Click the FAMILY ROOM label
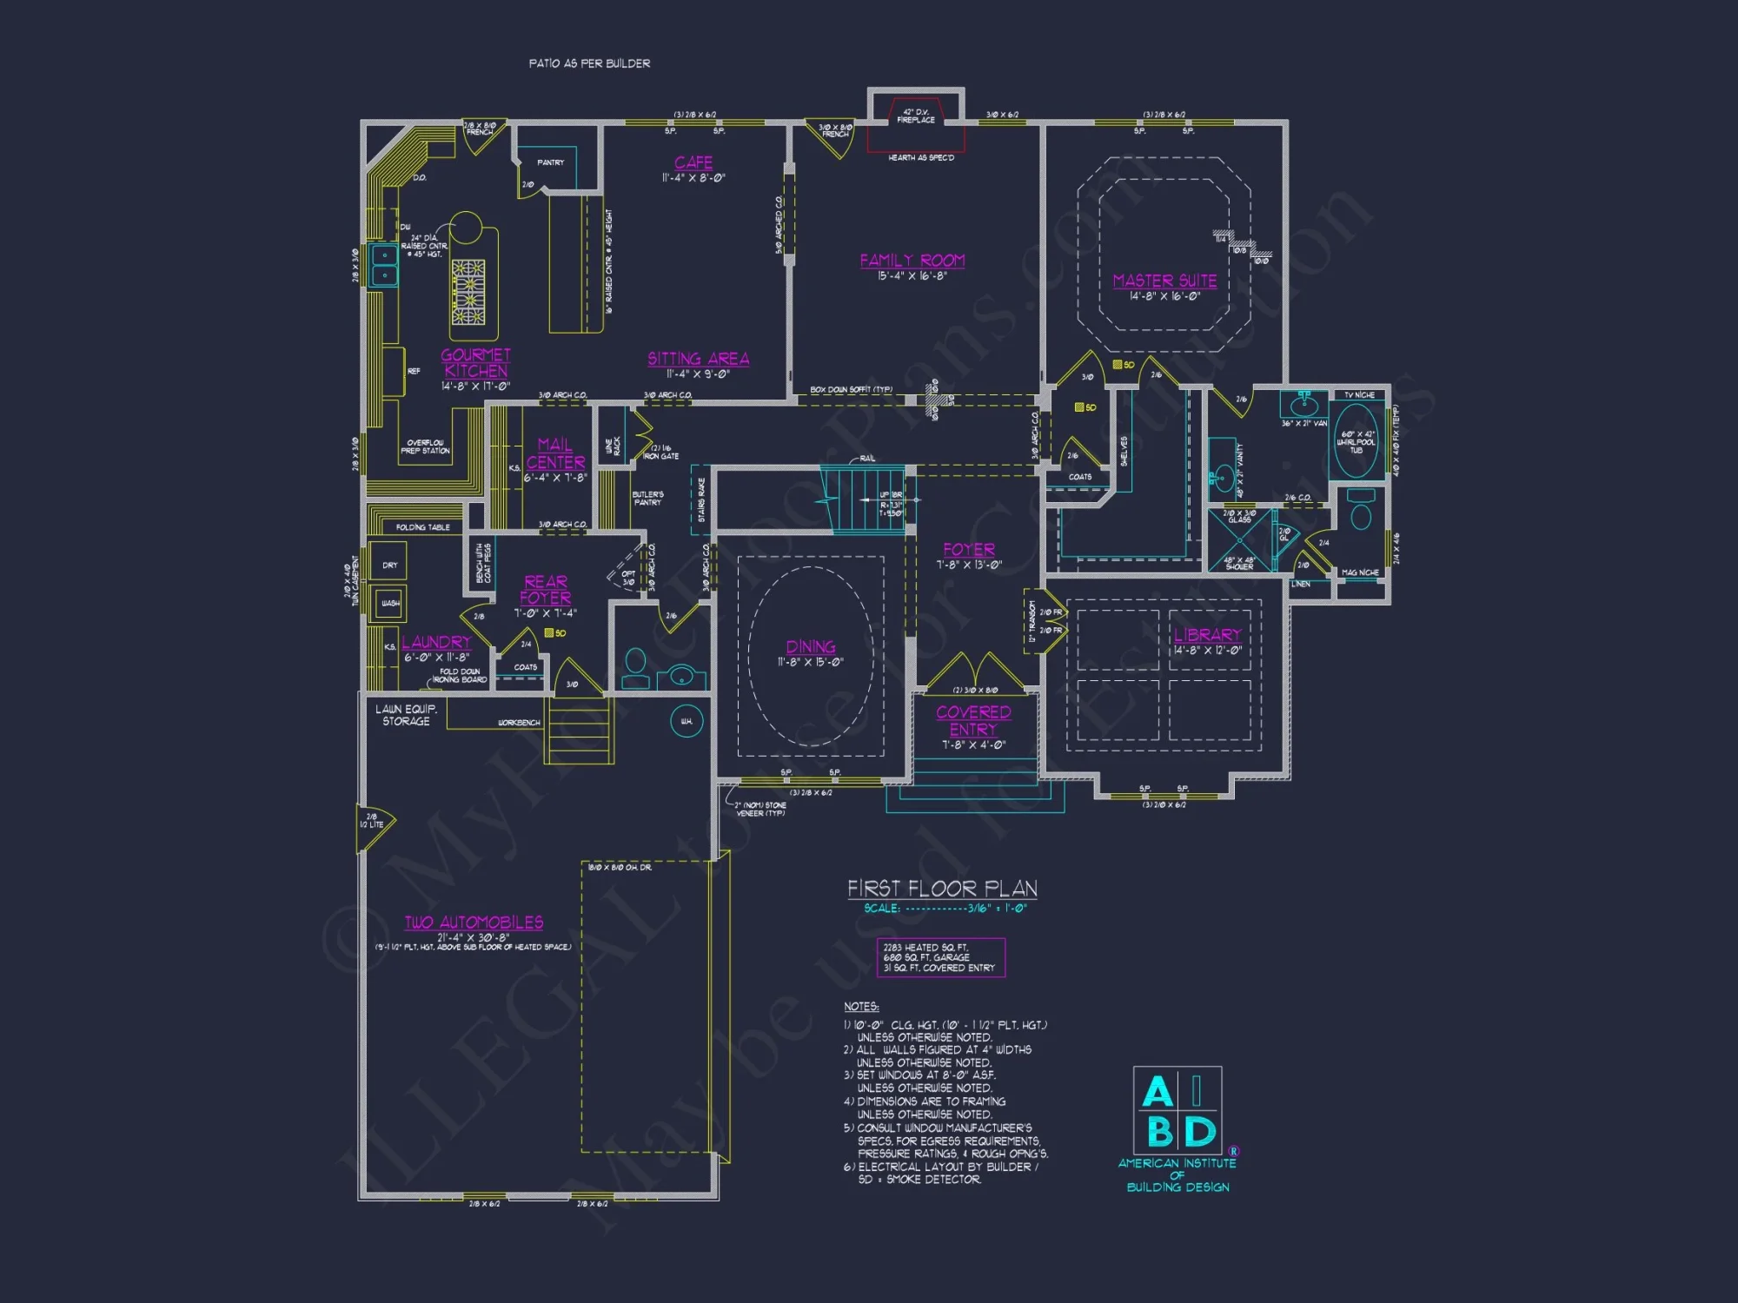click(912, 261)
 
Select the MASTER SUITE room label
click(1164, 281)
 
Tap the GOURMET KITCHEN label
click(475, 362)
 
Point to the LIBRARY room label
click(1207, 635)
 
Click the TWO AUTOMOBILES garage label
click(474, 923)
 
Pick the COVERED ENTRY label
click(973, 720)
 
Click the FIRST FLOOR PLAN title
click(942, 889)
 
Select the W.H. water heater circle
click(687, 721)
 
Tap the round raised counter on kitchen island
click(466, 228)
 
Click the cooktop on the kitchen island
click(468, 292)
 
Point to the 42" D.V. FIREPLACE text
click(916, 116)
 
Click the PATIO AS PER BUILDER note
click(589, 63)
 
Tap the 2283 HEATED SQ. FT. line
click(925, 948)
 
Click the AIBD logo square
click(1177, 1110)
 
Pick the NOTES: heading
click(861, 1007)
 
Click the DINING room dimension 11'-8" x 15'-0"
click(810, 662)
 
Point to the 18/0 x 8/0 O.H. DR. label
click(620, 868)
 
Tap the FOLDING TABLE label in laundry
click(422, 527)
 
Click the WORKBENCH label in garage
click(519, 723)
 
